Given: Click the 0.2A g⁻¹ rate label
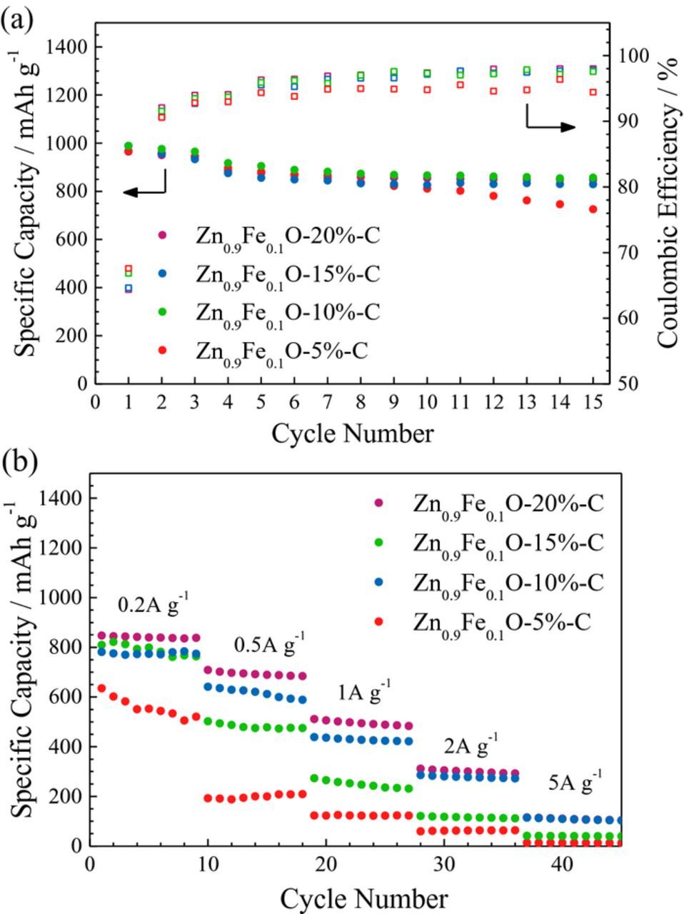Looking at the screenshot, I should tap(153, 604).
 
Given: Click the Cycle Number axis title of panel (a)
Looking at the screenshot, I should tap(352, 433).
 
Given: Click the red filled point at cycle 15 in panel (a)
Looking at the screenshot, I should tap(593, 209).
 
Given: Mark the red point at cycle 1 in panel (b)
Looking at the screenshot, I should tap(101, 688).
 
